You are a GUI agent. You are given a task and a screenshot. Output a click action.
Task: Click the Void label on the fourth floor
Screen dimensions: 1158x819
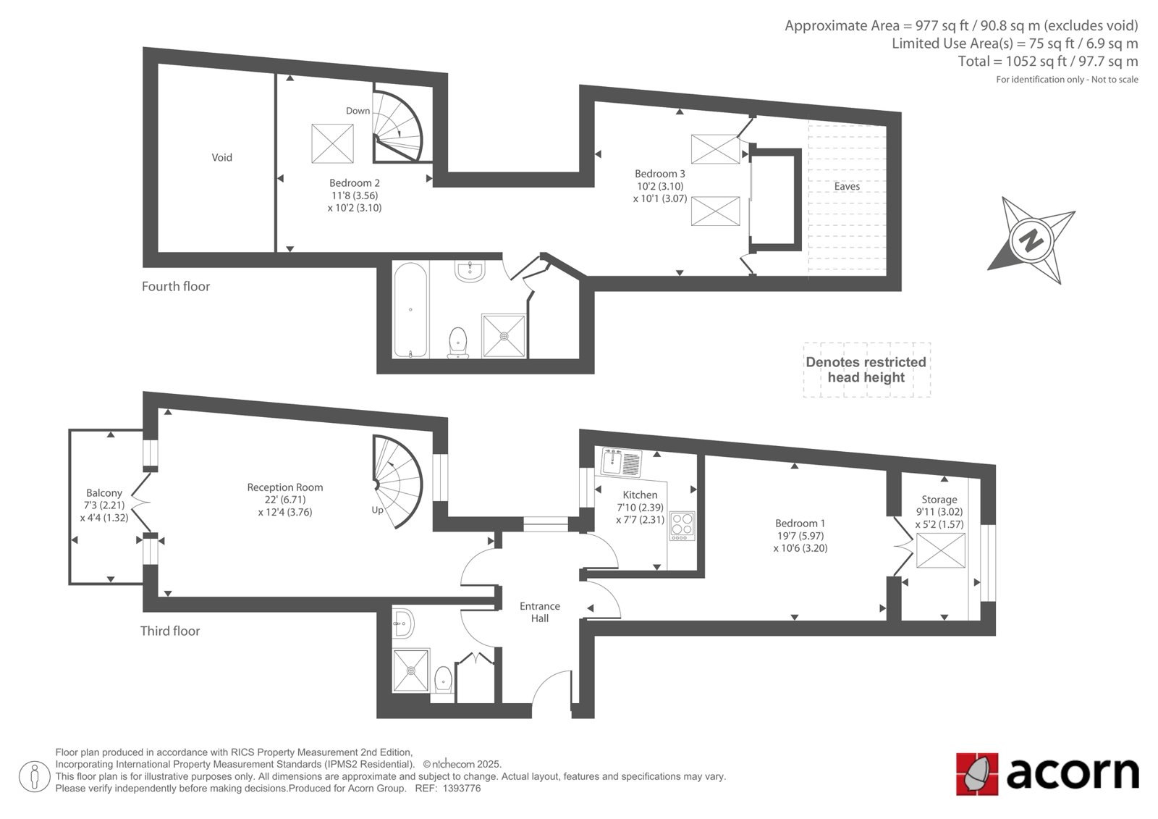(x=221, y=157)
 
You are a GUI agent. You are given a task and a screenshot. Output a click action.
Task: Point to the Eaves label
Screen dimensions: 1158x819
(x=847, y=186)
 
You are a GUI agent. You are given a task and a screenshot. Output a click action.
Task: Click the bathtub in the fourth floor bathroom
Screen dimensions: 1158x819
(x=410, y=309)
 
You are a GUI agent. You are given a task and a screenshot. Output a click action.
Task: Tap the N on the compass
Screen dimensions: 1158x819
(x=1031, y=240)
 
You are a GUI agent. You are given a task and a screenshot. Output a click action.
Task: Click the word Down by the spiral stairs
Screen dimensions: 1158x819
(x=358, y=111)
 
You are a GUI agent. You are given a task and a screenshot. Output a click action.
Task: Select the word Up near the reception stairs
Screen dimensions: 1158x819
(x=377, y=510)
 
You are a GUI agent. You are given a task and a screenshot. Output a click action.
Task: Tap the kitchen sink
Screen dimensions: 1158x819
(x=622, y=462)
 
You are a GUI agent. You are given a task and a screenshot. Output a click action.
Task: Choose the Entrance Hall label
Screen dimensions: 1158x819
(x=540, y=612)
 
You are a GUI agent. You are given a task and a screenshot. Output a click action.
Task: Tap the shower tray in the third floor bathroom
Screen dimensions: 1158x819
(x=411, y=671)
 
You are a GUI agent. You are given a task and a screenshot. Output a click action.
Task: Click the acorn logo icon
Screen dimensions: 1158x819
(x=977, y=774)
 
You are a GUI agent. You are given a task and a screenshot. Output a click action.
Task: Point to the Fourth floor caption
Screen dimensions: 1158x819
(x=176, y=287)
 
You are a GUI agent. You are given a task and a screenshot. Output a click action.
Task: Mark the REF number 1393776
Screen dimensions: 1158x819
(x=462, y=789)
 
